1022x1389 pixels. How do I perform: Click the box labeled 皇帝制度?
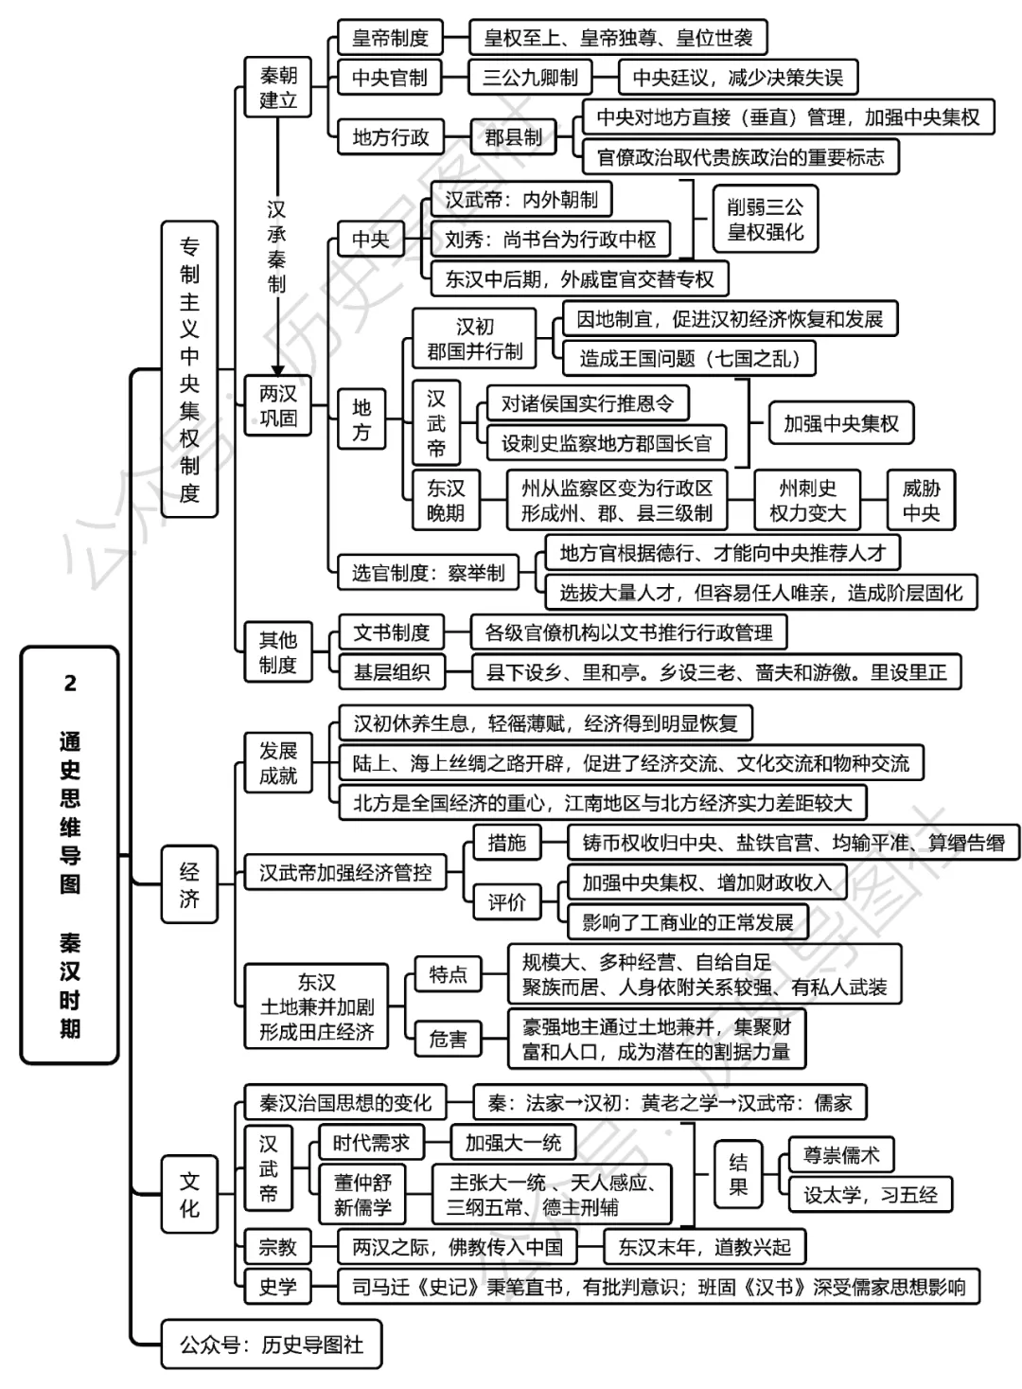pyautogui.click(x=390, y=39)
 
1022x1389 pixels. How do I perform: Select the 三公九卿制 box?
pyautogui.click(x=530, y=78)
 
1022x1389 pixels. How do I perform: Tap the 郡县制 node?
pyautogui.click(x=513, y=137)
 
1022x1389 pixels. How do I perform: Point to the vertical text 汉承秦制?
pyautogui.click(x=276, y=246)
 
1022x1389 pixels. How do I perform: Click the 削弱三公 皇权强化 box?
pyautogui.click(x=765, y=220)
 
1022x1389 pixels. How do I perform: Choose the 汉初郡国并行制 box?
pyautogui.click(x=474, y=339)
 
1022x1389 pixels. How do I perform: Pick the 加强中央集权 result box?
pyautogui.click(x=840, y=423)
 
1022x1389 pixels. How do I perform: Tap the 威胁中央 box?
pyautogui.click(x=921, y=500)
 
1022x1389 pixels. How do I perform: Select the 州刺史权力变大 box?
pyautogui.click(x=807, y=500)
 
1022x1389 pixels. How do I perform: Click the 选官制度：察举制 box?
pyautogui.click(x=428, y=572)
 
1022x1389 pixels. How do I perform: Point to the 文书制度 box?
pyautogui.click(x=391, y=632)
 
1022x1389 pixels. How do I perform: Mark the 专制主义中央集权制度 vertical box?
pyautogui.click(x=189, y=369)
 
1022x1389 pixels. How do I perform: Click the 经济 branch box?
pyautogui.click(x=189, y=884)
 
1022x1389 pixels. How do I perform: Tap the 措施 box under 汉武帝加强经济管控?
pyautogui.click(x=506, y=843)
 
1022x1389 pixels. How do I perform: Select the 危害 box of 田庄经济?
pyautogui.click(x=448, y=1039)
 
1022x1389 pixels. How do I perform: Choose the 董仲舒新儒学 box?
pyautogui.click(x=362, y=1194)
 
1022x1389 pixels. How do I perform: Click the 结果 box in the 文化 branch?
pyautogui.click(x=738, y=1175)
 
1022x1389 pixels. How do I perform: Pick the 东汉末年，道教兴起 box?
pyautogui.click(x=704, y=1247)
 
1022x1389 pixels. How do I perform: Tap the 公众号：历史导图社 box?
pyautogui.click(x=272, y=1344)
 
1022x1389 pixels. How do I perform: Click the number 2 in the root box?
pyautogui.click(x=69, y=684)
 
